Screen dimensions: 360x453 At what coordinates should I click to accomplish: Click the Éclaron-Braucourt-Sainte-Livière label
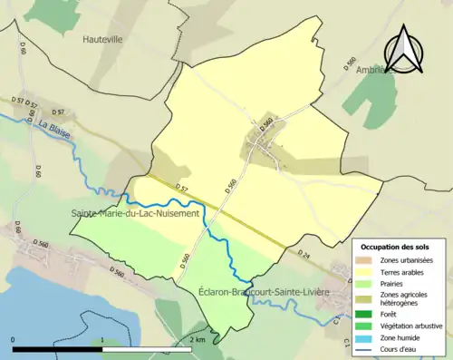click(x=263, y=292)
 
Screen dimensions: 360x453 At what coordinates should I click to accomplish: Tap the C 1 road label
click(x=346, y=342)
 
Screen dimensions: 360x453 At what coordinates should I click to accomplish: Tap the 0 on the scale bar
click(x=14, y=340)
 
